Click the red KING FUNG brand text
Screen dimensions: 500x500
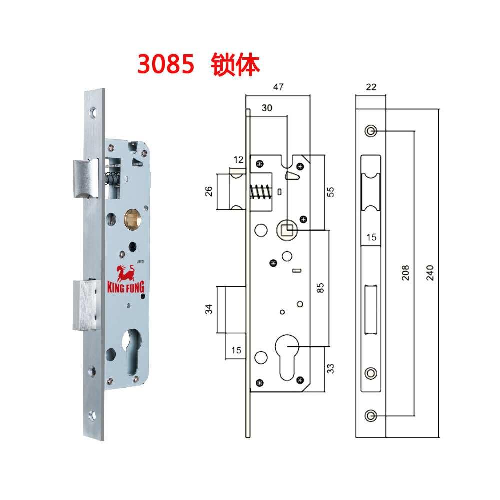126,288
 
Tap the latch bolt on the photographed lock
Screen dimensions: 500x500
86,178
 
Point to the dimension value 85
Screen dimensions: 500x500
321,287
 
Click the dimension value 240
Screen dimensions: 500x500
429,272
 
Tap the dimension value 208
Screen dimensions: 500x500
405,272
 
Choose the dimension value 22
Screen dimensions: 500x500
370,86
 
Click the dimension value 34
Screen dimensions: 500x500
209,309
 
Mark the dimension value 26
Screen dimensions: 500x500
209,191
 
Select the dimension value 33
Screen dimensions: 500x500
330,368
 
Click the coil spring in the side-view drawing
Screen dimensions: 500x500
259,192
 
